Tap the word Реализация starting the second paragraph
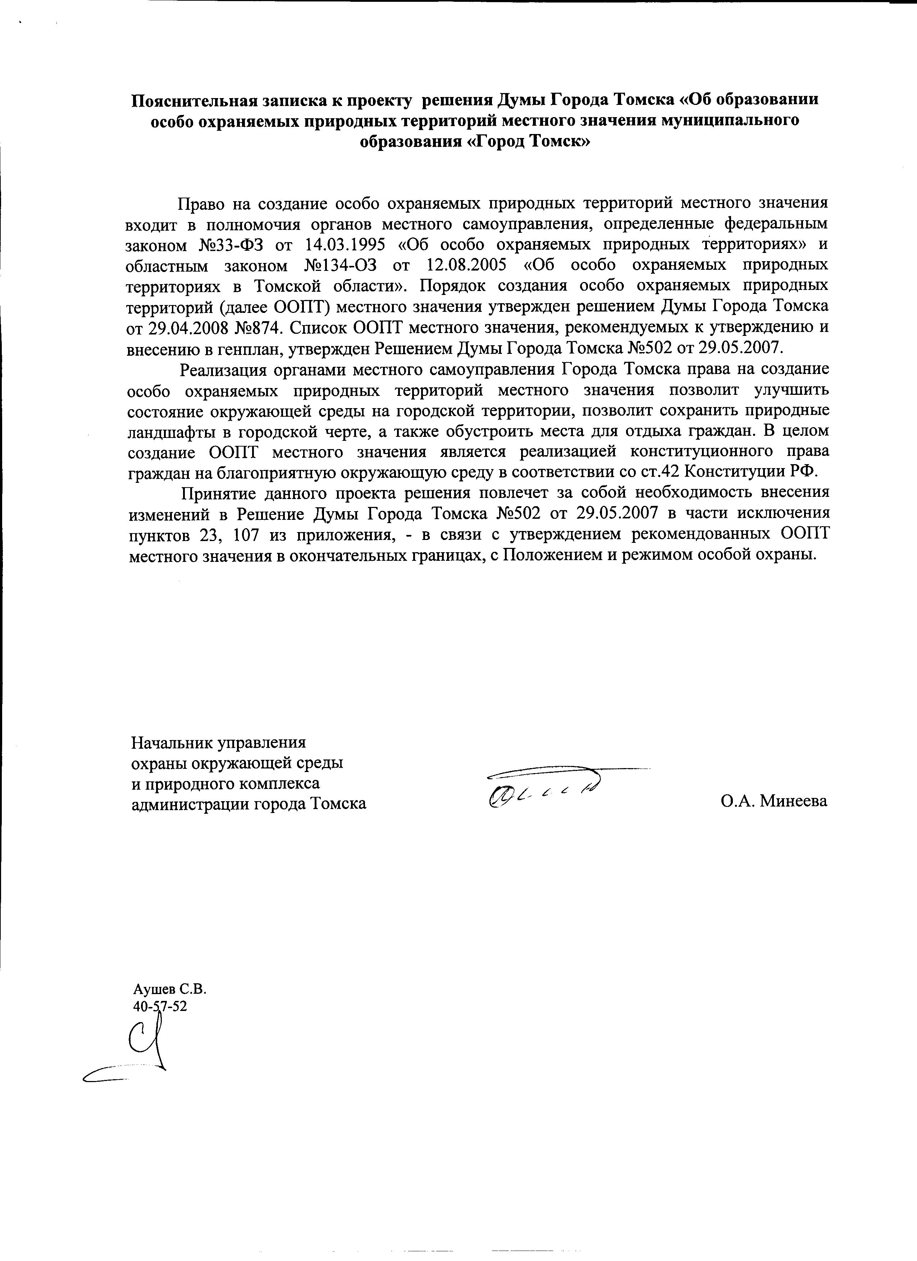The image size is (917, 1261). (227, 369)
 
